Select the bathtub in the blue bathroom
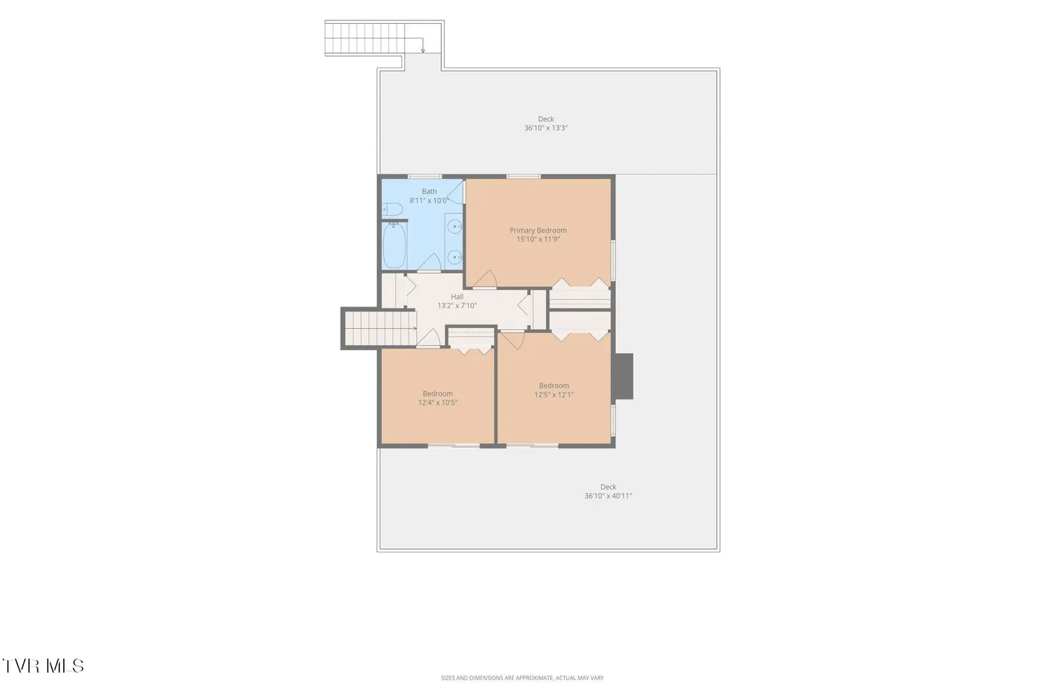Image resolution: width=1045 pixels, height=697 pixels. [x=394, y=246]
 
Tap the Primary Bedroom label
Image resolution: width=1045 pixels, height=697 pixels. [x=538, y=230]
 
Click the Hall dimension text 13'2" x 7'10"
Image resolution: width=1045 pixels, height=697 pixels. [x=457, y=306]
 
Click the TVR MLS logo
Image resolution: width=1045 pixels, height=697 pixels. [x=43, y=666]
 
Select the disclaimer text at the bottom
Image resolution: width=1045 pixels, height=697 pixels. [x=522, y=678]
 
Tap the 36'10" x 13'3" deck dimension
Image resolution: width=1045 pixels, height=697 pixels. [x=546, y=128]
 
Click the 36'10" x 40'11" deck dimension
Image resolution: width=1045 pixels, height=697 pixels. [x=608, y=496]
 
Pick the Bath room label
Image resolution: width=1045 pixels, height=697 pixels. [x=429, y=192]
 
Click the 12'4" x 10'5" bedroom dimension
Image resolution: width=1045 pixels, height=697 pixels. [x=437, y=403]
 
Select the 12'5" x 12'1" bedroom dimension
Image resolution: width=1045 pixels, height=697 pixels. [x=553, y=394]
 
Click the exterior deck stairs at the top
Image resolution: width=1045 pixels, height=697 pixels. [x=365, y=38]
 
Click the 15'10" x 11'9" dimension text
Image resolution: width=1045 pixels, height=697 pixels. [x=538, y=239]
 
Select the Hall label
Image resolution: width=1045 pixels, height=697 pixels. [x=457, y=296]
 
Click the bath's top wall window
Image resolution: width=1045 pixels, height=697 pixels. [x=424, y=176]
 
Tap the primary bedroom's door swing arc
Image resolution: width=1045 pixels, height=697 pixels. [x=488, y=277]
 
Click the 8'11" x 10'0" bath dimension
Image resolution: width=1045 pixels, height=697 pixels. [x=429, y=201]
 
